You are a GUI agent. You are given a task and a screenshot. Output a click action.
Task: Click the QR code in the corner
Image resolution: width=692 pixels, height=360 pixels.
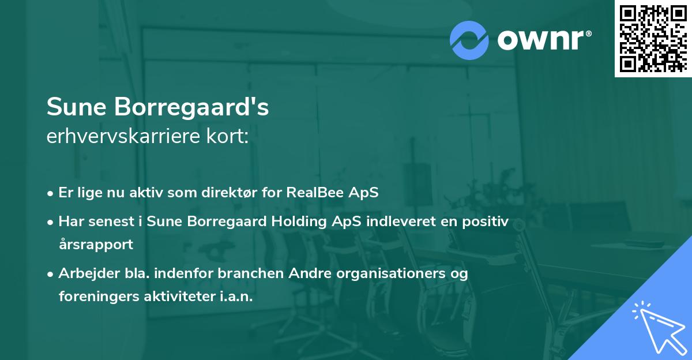(x=653, y=39)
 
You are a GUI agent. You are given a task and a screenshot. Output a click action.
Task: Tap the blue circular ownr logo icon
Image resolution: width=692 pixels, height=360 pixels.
(x=469, y=40)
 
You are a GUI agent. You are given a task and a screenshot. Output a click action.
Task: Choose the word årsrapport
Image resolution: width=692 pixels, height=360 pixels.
(x=96, y=245)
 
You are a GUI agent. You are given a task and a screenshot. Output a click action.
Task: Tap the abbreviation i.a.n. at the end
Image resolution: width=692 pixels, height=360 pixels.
(x=236, y=297)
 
